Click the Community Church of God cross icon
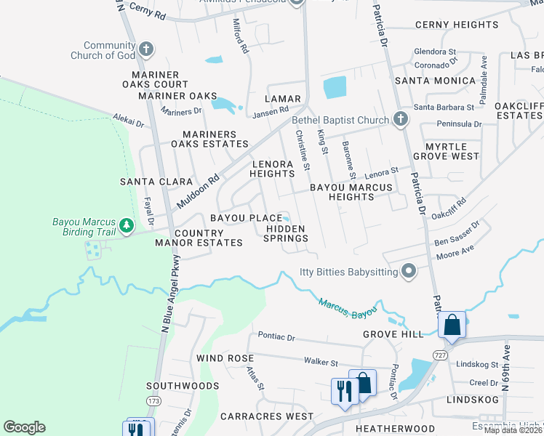[x=146, y=49]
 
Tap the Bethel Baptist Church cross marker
[x=399, y=119]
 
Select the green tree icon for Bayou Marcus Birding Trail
[x=127, y=226]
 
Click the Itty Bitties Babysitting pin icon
[x=409, y=272]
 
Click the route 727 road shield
[x=440, y=355]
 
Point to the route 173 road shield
[x=152, y=400]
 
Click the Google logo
[x=25, y=427]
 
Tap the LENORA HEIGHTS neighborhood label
[x=272, y=169]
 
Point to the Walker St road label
[x=321, y=362]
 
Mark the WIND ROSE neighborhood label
[x=225, y=358]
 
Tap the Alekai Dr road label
[x=129, y=120]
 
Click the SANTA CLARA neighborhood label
[x=156, y=182]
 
